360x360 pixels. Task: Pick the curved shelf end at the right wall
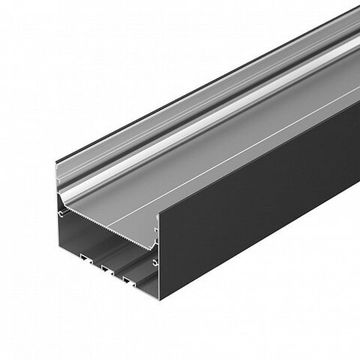pos(155,235)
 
